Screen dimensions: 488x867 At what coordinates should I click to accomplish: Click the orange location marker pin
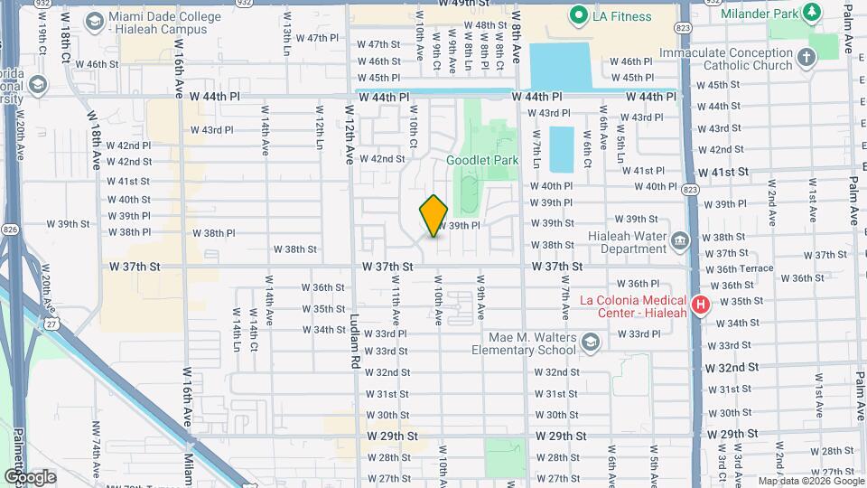click(433, 216)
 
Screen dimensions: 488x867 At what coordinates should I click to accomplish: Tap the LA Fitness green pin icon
click(577, 15)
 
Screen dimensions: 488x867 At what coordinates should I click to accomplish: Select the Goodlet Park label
click(482, 160)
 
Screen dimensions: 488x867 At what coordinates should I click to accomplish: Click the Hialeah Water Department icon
click(680, 240)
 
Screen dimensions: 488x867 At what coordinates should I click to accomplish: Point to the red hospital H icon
click(700, 303)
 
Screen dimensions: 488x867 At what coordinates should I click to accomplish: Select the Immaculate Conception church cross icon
click(806, 58)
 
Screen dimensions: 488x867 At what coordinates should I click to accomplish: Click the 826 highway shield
click(9, 229)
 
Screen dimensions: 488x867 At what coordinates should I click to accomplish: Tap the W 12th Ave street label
click(350, 133)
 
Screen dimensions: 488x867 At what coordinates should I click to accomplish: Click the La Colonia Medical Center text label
click(635, 306)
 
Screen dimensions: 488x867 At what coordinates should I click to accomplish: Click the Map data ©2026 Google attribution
click(810, 481)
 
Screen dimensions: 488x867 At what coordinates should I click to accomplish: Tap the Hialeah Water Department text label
click(625, 243)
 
